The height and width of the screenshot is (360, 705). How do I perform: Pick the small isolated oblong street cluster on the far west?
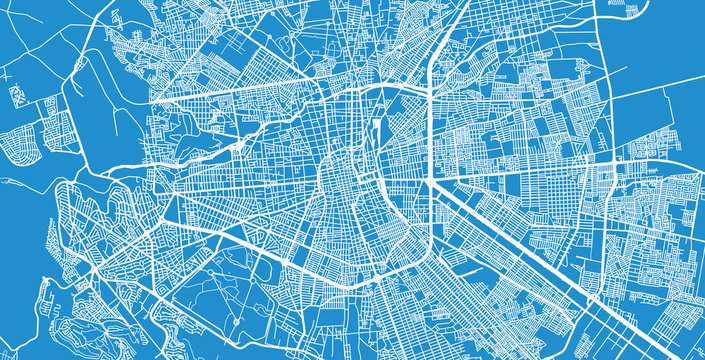pos(17,96)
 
